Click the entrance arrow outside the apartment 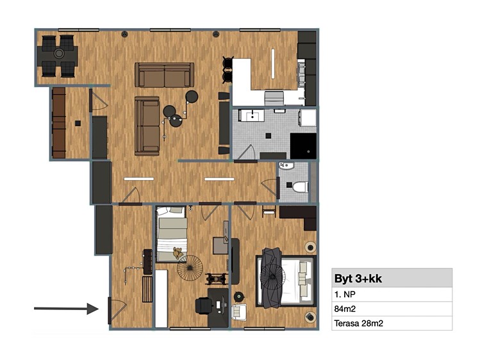click(66, 309)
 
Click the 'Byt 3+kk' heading click(358, 279)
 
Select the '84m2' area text click(345, 309)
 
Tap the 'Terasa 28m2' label click(358, 323)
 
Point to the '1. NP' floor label click(345, 295)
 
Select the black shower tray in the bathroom click(303, 146)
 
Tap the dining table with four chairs click(58, 56)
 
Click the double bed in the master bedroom click(285, 281)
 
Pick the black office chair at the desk click(204, 306)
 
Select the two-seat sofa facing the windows click(165, 75)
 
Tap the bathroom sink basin click(252, 116)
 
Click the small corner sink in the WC click(286, 166)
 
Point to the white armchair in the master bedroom click(239, 313)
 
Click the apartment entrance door click(117, 311)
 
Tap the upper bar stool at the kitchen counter click(228, 63)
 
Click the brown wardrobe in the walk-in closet click(59, 123)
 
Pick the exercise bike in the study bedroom click(217, 279)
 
